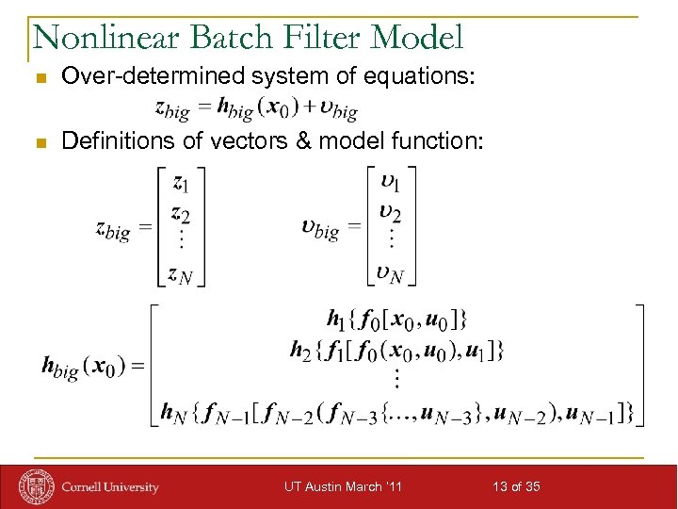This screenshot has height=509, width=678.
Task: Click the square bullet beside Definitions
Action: coord(39,142)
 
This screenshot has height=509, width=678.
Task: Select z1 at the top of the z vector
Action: coord(180,184)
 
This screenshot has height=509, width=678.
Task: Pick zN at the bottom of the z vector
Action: coord(181,274)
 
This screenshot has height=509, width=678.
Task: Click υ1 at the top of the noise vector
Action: coord(389,183)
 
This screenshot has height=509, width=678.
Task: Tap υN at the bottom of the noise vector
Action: coord(390,274)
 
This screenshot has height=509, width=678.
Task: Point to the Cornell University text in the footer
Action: coord(110,487)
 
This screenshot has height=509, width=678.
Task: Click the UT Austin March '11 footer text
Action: coord(343,486)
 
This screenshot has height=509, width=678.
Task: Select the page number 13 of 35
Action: coord(517,486)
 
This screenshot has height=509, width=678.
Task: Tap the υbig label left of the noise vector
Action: coord(320,228)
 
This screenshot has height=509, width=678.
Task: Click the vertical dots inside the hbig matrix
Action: coord(397,380)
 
